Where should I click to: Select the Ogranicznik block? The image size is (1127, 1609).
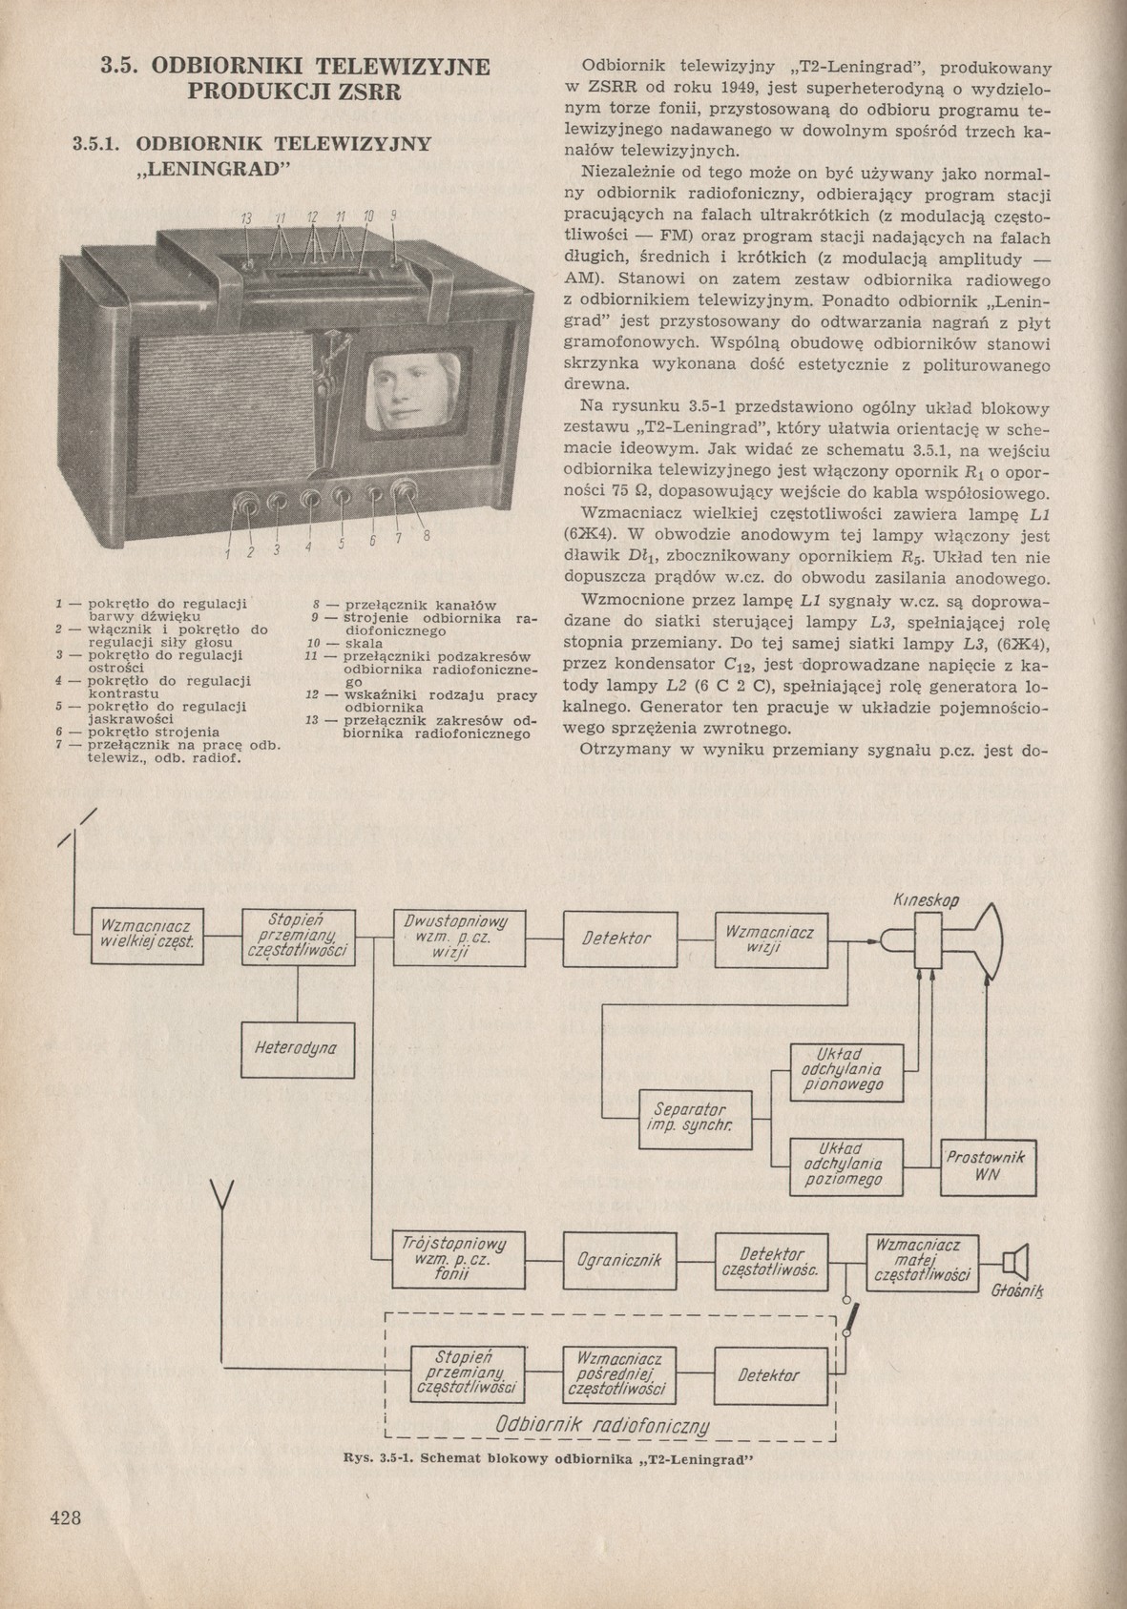tap(619, 1259)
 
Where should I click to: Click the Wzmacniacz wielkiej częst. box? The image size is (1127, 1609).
tap(146, 936)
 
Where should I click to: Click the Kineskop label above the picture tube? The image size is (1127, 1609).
tap(927, 899)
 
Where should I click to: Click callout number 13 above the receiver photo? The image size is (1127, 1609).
tap(246, 218)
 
